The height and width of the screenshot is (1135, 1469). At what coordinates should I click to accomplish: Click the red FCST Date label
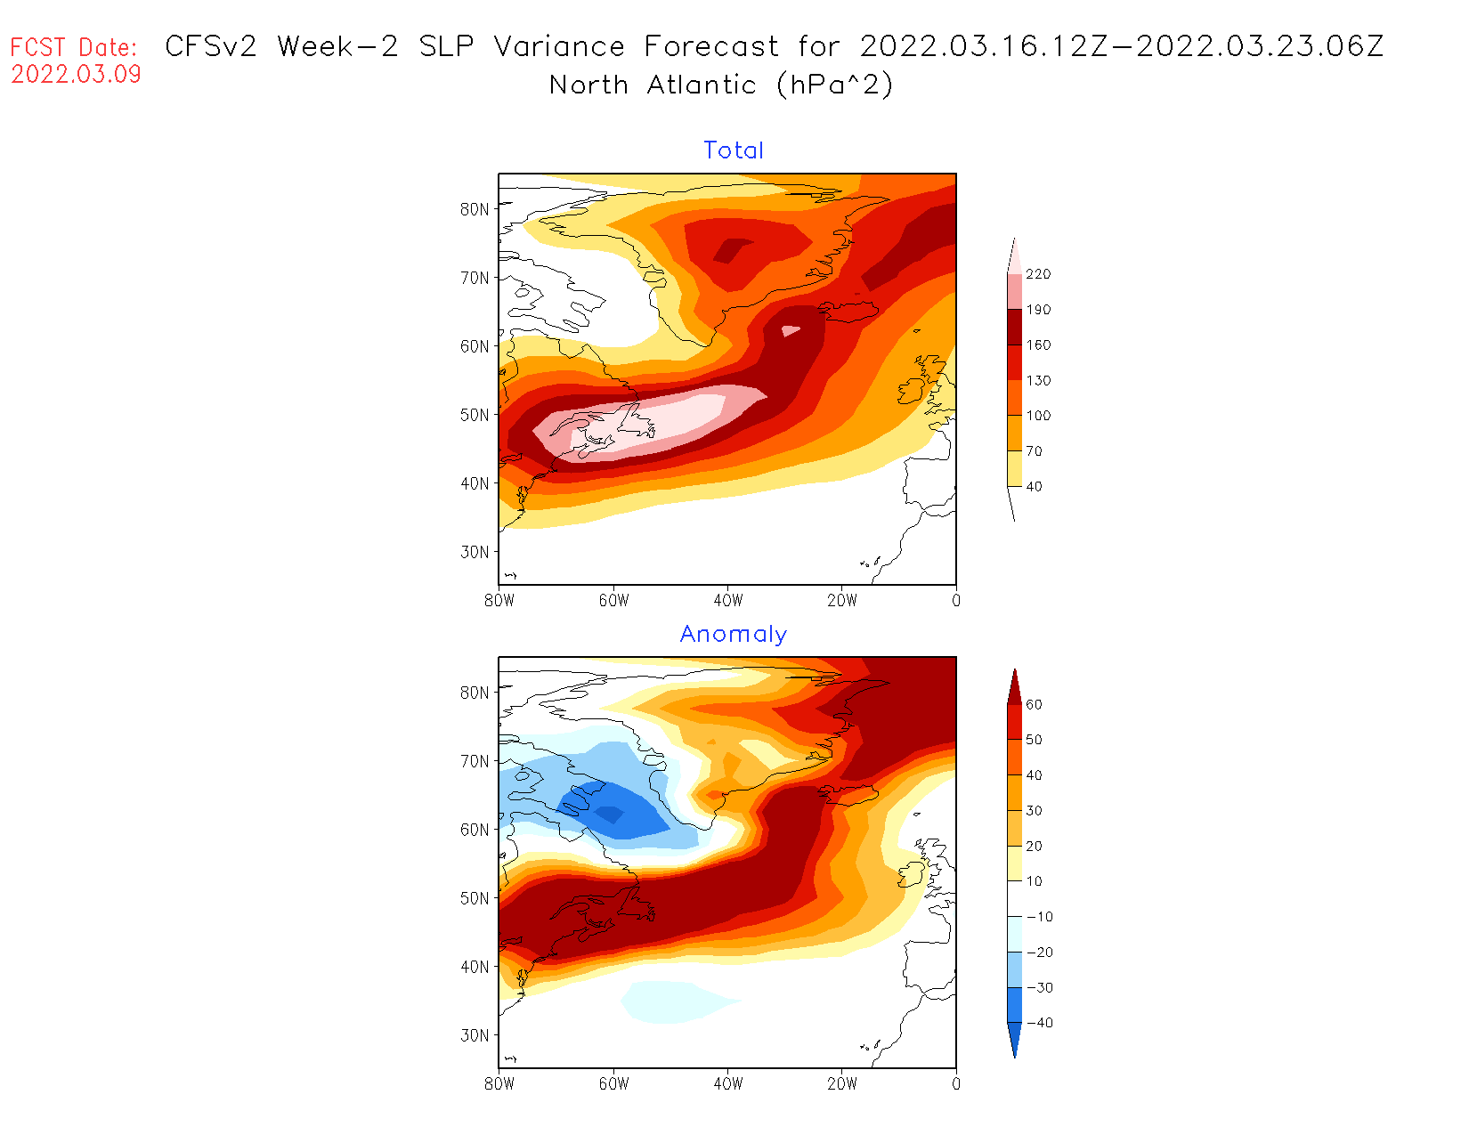tap(74, 47)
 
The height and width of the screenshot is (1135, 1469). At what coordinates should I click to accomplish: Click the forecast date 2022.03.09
tap(76, 74)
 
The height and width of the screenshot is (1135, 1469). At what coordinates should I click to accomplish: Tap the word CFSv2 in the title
tap(211, 46)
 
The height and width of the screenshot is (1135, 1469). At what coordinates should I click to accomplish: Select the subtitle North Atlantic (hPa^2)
tap(721, 85)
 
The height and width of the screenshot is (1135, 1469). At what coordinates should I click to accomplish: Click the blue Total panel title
tap(734, 150)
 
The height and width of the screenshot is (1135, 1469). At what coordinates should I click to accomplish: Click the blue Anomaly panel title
tap(734, 634)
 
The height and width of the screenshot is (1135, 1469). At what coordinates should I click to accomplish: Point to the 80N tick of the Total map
tap(475, 209)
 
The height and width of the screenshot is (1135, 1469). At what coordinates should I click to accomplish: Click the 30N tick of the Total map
tap(475, 552)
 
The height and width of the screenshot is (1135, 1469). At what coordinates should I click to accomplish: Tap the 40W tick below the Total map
tap(728, 601)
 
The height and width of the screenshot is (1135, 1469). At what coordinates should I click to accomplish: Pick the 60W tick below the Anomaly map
tap(613, 1084)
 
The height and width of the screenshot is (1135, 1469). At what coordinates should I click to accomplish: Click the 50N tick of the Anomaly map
tap(475, 898)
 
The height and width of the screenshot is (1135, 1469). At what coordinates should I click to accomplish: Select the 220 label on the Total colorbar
tap(1038, 274)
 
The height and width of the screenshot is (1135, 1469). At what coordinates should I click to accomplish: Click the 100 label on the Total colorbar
tap(1038, 416)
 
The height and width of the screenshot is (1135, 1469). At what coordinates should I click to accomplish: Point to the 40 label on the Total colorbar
tap(1034, 486)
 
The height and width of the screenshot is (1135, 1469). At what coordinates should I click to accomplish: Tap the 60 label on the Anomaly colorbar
tap(1034, 704)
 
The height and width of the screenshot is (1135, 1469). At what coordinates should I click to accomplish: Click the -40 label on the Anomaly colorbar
tap(1039, 1023)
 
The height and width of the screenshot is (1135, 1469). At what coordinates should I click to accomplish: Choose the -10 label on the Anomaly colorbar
tap(1039, 917)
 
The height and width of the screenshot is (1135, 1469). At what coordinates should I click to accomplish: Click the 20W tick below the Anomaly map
tap(842, 1084)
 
